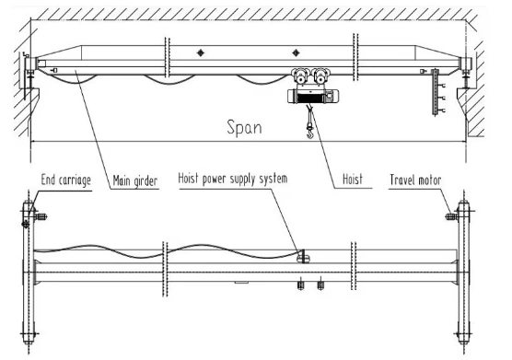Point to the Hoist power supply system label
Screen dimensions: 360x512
tap(234, 178)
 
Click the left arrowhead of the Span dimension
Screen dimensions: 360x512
tap(34, 141)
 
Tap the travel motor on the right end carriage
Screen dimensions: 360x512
tap(451, 217)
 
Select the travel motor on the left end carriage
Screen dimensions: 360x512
tap(42, 217)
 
